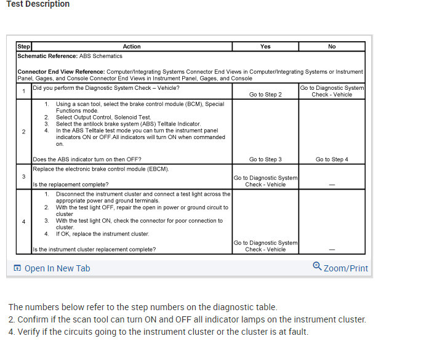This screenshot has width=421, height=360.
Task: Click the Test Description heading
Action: [x=38, y=4]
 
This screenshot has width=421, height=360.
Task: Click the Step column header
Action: [x=23, y=46]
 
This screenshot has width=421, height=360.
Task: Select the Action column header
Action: [x=132, y=46]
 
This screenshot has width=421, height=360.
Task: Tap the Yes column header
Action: [x=265, y=46]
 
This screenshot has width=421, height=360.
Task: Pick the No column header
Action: [x=332, y=46]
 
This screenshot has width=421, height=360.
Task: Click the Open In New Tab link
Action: [x=57, y=268]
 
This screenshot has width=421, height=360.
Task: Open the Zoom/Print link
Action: [x=345, y=268]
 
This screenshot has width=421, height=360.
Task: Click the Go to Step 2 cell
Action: [x=265, y=95]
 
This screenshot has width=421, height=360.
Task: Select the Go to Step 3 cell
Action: [x=265, y=159]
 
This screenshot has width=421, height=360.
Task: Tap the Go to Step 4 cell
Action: [x=332, y=159]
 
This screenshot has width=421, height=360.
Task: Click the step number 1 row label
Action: [x=23, y=92]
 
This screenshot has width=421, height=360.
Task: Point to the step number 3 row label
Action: [x=23, y=177]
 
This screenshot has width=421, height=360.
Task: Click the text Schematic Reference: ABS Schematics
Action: [x=70, y=56]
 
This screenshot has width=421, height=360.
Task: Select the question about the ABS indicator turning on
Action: [x=87, y=159]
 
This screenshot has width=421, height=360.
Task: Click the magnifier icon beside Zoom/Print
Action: [x=317, y=267]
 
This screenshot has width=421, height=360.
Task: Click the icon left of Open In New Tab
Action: [x=17, y=268]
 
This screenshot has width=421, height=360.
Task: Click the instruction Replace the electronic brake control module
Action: [x=101, y=169]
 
